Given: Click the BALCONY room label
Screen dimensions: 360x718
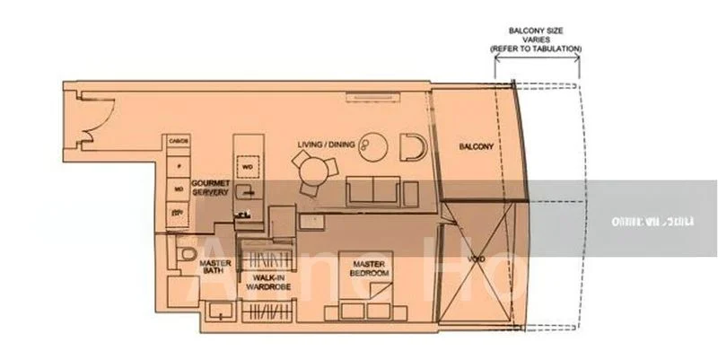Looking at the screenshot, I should click(x=476, y=147).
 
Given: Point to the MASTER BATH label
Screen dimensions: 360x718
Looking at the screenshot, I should click(x=215, y=267).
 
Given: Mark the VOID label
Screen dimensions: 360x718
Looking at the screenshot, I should click(x=478, y=260).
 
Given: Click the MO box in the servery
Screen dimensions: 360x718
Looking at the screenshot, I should click(x=178, y=189).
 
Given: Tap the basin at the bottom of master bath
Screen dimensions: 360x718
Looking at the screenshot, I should click(x=216, y=312).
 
